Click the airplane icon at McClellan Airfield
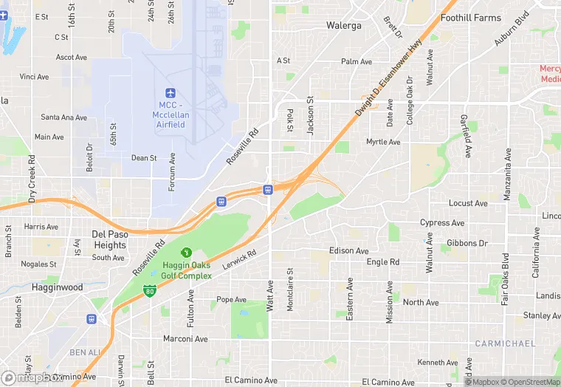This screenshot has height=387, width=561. pos(171,93)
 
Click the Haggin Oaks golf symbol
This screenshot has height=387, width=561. pos(186,253)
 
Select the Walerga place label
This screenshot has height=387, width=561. pos(344,26)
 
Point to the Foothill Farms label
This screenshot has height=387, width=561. pos(470,17)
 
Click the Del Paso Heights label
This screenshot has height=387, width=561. pos(110,239)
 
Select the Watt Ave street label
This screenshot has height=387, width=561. pos(269,295)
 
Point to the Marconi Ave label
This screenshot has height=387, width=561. pos(185,340)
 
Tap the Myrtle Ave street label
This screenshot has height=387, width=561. pos(383,142)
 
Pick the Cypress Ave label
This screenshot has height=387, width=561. pos(441,223)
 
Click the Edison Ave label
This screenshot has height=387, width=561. pos(348,251)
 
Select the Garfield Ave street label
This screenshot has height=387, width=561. pos(467,137)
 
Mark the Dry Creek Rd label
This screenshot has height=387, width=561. pos(32,179)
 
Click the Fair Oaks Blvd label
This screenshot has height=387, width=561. pos(506,279)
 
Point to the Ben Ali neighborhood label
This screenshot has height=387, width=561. pos(84,352)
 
